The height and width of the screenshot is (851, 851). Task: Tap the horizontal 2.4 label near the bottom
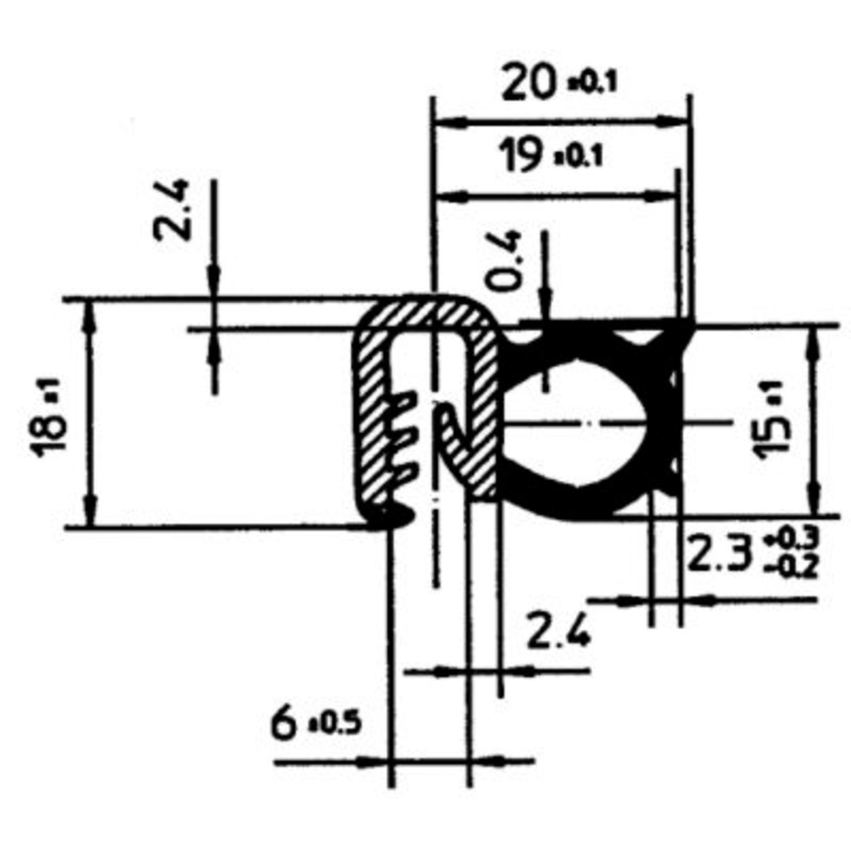tap(557, 632)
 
